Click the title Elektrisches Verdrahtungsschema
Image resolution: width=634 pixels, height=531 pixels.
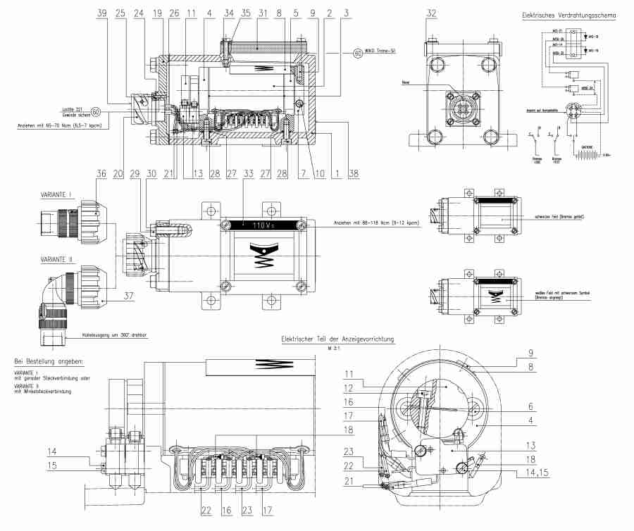pyautogui.click(x=567, y=14)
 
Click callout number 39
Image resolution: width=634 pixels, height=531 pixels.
pyautogui.click(x=103, y=14)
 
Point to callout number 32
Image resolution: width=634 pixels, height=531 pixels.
pyautogui.click(x=431, y=13)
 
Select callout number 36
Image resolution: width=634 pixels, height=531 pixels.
pyautogui.click(x=103, y=173)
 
